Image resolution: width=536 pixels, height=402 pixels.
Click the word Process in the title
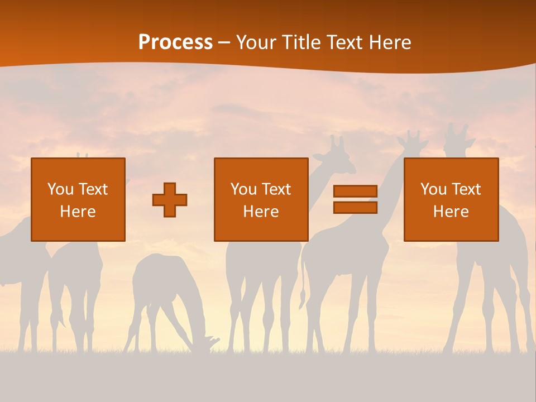coord(175,42)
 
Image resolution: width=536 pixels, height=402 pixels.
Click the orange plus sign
coord(170,200)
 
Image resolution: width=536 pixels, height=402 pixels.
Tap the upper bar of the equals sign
coord(355,191)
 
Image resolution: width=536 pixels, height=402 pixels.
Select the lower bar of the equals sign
coord(355,207)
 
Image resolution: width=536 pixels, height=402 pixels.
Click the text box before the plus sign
coord(78,199)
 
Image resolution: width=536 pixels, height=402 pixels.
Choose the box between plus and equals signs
coord(261,199)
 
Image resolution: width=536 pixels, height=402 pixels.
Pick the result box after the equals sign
coord(451,199)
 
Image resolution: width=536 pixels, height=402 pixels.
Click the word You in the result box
coord(433,189)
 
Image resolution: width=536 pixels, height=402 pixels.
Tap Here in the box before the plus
coord(78,212)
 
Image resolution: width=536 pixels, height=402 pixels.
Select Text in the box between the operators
coord(276,189)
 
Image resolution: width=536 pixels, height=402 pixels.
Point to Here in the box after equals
coord(451,212)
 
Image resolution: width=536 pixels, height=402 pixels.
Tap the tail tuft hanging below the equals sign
coord(303,299)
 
